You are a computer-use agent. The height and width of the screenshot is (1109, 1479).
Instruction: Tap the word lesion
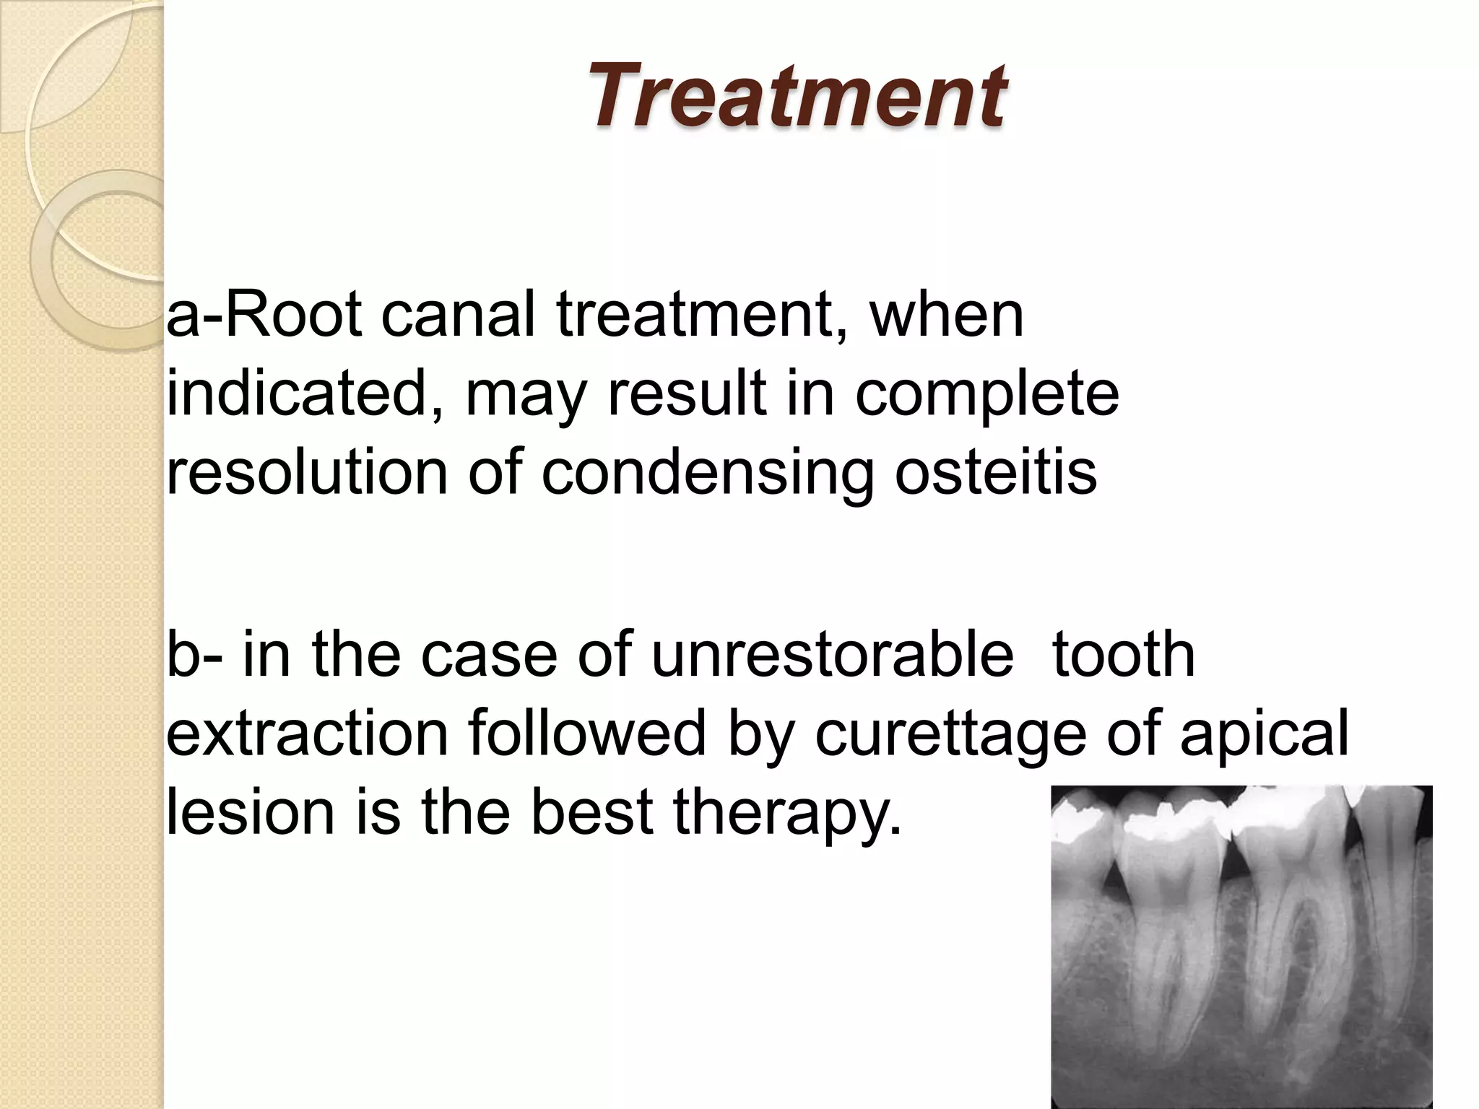point(250,812)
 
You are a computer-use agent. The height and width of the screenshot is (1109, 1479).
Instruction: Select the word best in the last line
point(591,812)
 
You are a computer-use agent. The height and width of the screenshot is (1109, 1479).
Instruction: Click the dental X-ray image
point(1241,946)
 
